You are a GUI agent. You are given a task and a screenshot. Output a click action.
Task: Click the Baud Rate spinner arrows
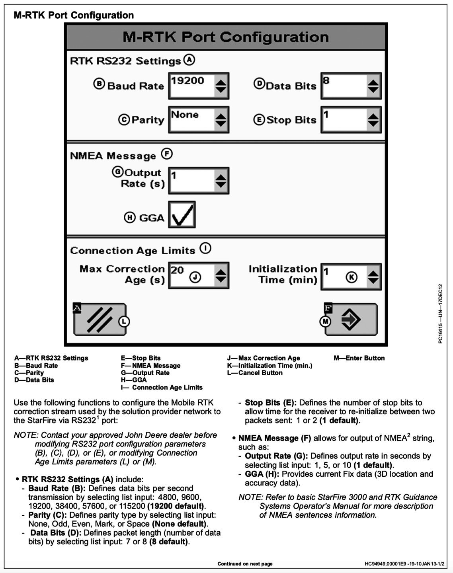pos(221,86)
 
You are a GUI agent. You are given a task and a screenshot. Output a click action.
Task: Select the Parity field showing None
pos(191,119)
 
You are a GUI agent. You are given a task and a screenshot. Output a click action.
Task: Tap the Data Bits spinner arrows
pos(373,86)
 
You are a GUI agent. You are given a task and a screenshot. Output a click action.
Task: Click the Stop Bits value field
pos(344,119)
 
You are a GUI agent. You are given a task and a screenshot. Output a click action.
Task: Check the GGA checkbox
pos(182,214)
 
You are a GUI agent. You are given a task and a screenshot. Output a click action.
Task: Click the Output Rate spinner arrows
pos(221,181)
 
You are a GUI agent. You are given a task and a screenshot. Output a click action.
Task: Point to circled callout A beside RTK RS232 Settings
pos(189,60)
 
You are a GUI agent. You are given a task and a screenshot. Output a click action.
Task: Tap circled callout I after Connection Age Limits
pos(205,249)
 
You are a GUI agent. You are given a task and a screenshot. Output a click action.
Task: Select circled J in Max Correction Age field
pos(195,277)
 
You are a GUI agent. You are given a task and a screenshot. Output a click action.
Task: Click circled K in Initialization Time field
pos(351,277)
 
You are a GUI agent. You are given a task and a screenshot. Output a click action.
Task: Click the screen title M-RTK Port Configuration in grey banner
pos(226,37)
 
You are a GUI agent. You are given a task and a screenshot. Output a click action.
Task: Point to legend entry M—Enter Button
pos(359,358)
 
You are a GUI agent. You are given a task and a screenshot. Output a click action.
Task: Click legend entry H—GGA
pos(134,380)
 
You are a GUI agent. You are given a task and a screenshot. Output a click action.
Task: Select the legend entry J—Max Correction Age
pos(264,358)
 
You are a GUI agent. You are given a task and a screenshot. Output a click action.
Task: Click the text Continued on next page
pos(245,564)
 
